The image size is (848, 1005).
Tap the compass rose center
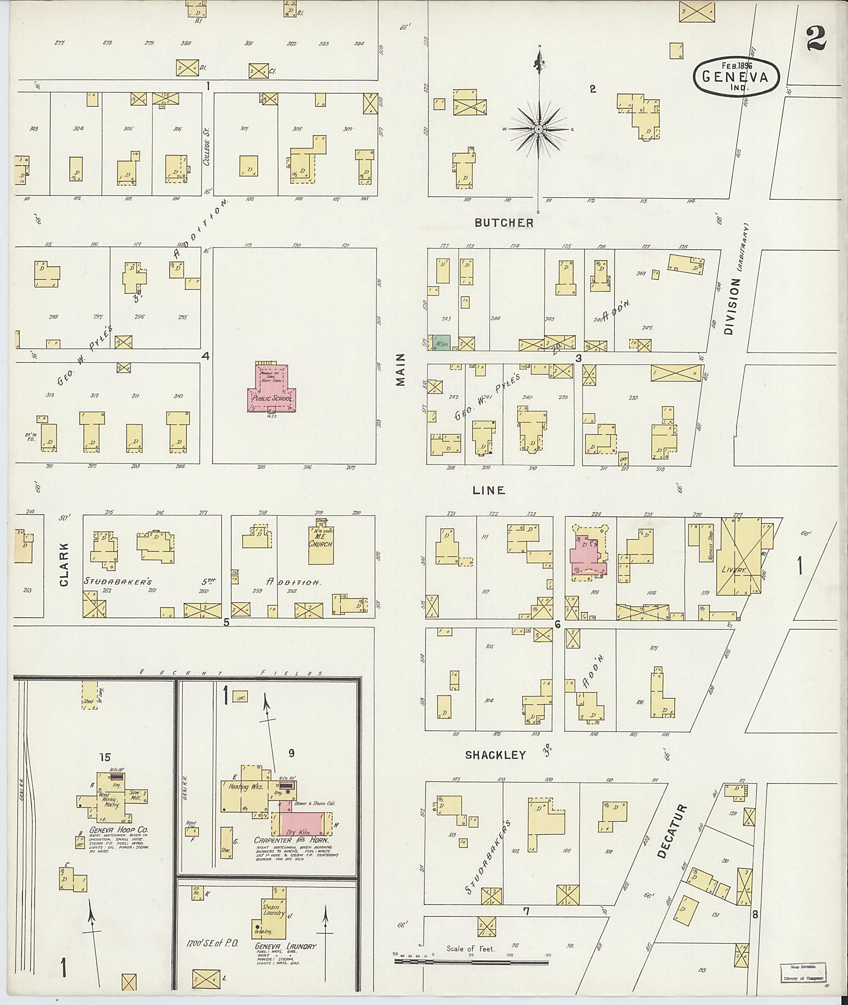click(x=539, y=129)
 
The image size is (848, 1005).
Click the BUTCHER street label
click(x=504, y=223)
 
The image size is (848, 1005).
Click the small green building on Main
click(x=441, y=343)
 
